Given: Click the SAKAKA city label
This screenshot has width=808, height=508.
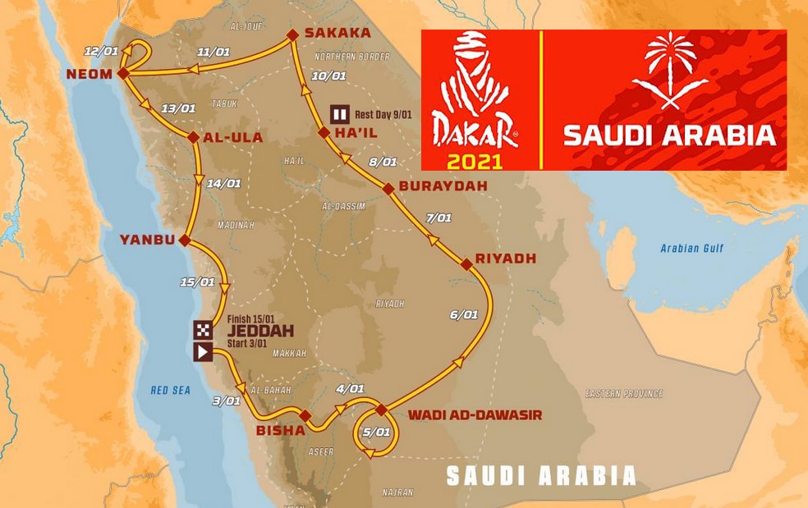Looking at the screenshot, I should (x=337, y=33).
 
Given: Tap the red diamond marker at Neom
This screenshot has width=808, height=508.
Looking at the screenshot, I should (x=122, y=73).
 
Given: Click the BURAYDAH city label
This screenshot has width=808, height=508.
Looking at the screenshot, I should (x=443, y=186).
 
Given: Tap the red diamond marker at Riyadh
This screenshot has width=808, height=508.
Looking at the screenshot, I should (x=466, y=263).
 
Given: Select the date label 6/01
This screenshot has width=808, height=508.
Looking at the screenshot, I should (x=464, y=314).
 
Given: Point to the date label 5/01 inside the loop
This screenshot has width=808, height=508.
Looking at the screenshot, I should (x=376, y=432).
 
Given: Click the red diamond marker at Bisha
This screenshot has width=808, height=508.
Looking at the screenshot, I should (x=305, y=415).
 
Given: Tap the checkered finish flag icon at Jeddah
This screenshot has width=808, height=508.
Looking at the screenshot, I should (x=203, y=331).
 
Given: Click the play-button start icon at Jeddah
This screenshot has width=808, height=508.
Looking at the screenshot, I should (x=203, y=352).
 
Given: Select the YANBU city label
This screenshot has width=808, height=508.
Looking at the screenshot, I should (x=148, y=240).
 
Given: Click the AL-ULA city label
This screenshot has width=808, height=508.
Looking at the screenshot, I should (x=233, y=138).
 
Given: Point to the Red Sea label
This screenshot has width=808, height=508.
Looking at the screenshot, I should (x=170, y=391).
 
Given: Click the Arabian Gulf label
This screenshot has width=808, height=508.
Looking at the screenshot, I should (x=692, y=248).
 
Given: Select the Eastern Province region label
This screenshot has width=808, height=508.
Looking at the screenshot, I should (x=623, y=394).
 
